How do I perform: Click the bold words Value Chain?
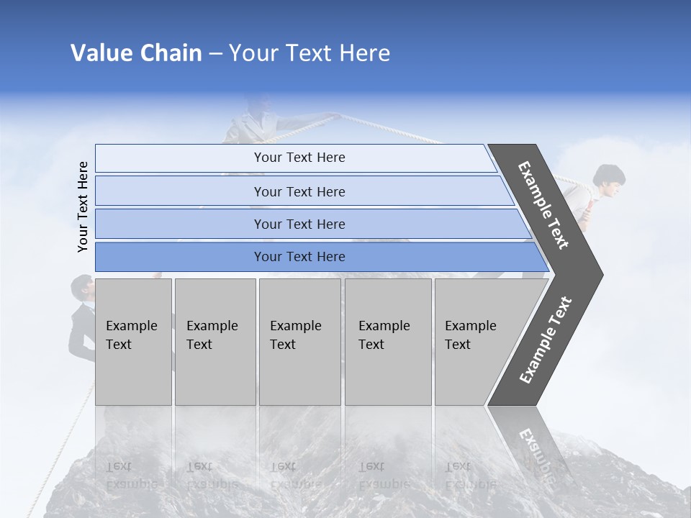click(136, 53)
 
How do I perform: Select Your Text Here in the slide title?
click(310, 53)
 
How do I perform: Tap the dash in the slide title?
click(215, 54)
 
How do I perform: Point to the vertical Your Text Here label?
click(83, 206)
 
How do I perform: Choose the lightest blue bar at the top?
click(295, 158)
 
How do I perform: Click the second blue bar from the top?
click(302, 191)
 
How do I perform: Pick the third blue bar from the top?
click(310, 224)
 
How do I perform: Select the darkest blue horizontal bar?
click(317, 257)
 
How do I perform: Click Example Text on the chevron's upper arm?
click(543, 205)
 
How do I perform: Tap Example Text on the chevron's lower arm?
click(546, 340)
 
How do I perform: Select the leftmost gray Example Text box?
click(133, 342)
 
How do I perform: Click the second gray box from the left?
click(214, 342)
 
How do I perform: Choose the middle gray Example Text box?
click(299, 342)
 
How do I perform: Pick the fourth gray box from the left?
click(388, 342)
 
